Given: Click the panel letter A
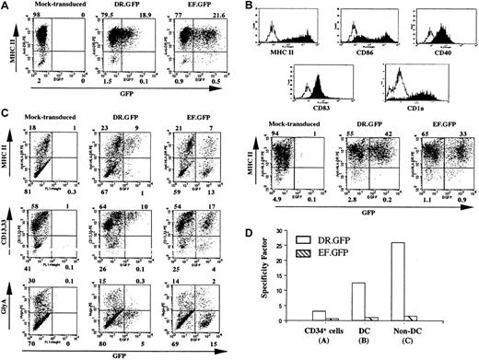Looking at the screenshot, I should pos(6,7).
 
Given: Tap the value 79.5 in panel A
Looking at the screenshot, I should pos(109,16).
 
